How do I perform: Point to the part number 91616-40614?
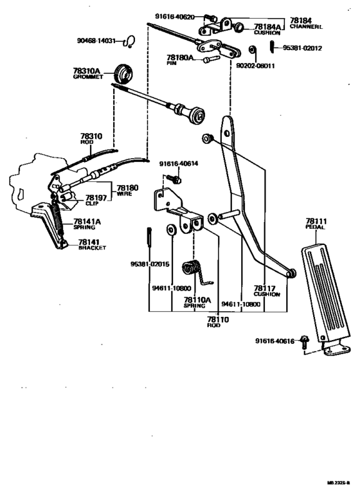pos(179,163)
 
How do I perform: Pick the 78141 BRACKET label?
pos(92,245)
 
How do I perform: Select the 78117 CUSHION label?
pos(267,291)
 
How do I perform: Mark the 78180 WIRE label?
pos(124,191)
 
